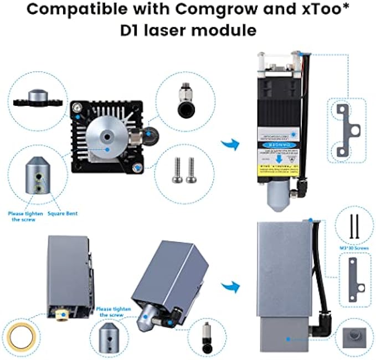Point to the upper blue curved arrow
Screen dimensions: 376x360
coord(230,146)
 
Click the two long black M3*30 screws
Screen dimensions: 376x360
coord(354,227)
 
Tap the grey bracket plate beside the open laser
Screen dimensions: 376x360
coord(346,131)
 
